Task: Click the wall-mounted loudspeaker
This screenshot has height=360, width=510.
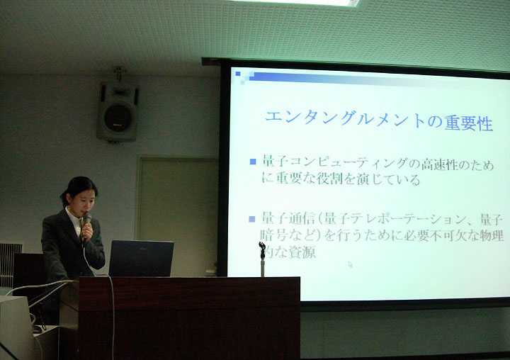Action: pyautogui.click(x=118, y=112)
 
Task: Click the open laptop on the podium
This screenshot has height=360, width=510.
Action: pyautogui.click(x=140, y=258)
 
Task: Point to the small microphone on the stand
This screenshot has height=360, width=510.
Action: pyautogui.click(x=262, y=249)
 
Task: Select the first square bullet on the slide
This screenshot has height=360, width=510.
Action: pyautogui.click(x=253, y=162)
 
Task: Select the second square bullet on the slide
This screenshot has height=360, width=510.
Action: pyautogui.click(x=252, y=219)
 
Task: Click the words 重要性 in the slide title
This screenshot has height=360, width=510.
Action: pyautogui.click(x=468, y=123)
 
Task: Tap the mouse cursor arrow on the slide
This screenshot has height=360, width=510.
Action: pyautogui.click(x=351, y=264)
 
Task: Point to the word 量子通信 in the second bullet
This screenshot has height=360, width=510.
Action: pyautogui.click(x=288, y=218)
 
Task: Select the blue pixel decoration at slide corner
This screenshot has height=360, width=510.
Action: pyautogui.click(x=244, y=77)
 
